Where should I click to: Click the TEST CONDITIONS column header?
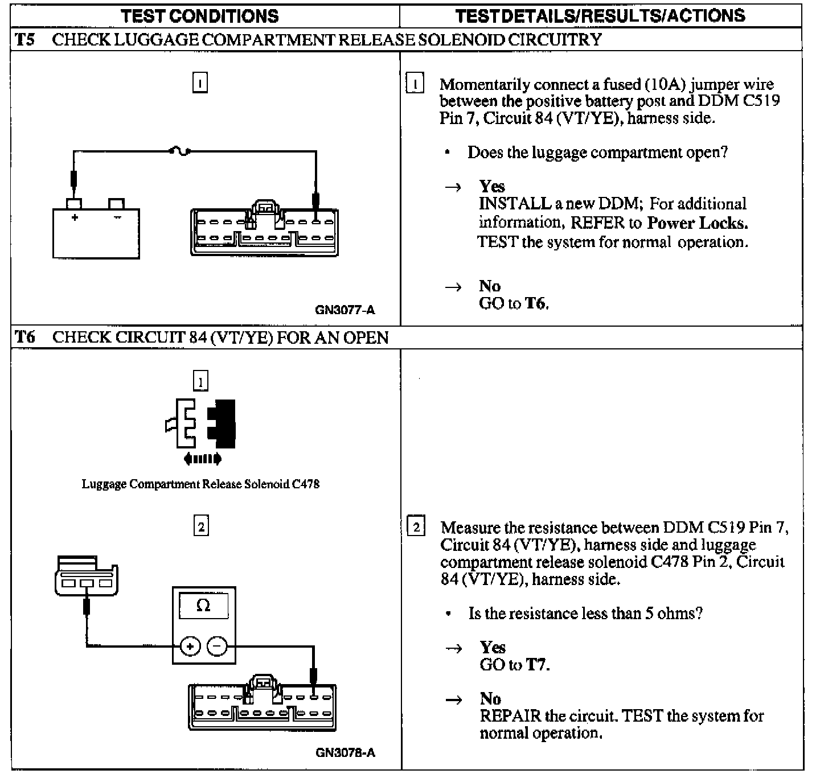click(x=200, y=15)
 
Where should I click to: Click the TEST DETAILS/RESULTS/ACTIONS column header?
click(x=600, y=15)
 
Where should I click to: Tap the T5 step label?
click(x=24, y=39)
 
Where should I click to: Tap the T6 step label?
click(x=24, y=337)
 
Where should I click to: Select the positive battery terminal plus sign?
click(x=75, y=217)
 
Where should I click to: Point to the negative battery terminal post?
click(x=117, y=204)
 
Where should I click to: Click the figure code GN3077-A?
click(x=345, y=310)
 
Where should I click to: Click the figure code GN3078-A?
click(x=345, y=753)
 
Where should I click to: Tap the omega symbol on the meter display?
click(x=203, y=606)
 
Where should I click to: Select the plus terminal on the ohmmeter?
click(x=190, y=647)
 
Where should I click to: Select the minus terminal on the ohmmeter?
click(x=217, y=647)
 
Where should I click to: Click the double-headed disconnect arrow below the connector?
click(x=203, y=459)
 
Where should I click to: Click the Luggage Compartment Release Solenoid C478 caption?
click(x=200, y=484)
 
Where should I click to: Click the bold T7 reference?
click(x=537, y=665)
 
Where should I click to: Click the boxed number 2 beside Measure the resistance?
click(x=416, y=527)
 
